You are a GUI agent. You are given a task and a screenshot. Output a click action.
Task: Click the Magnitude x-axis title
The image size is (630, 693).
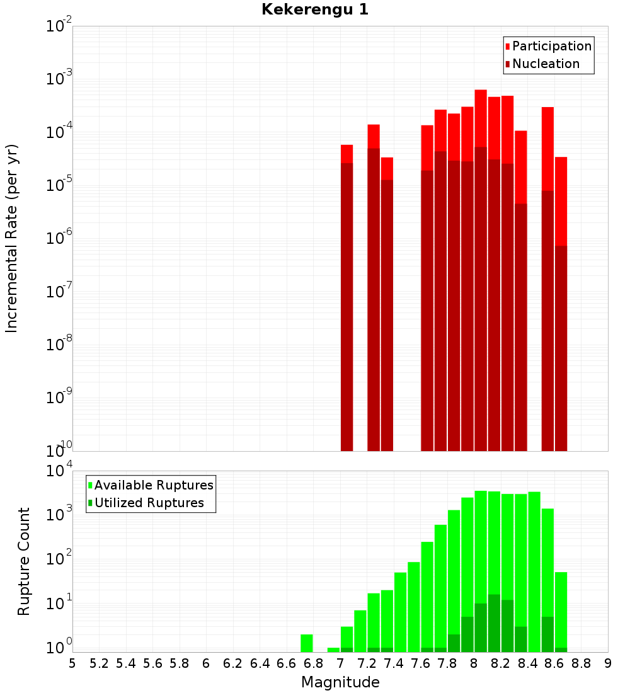tap(340, 682)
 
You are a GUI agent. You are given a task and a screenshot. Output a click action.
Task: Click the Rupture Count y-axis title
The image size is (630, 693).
tap(24, 561)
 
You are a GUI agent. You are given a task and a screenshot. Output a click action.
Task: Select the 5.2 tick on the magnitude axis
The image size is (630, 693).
tap(100, 663)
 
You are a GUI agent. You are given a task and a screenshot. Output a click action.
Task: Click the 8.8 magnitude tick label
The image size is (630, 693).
tap(581, 663)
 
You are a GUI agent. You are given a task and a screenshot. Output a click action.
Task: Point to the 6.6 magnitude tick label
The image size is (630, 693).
tap(287, 663)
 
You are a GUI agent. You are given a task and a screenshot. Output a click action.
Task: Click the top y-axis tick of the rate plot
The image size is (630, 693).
tap(59, 27)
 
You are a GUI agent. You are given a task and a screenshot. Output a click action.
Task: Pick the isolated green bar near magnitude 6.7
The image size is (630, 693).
tap(307, 643)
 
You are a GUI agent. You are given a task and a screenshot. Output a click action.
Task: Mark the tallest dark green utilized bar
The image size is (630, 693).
tap(494, 623)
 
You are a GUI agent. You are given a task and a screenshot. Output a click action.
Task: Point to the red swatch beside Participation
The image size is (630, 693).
tap(507, 47)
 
